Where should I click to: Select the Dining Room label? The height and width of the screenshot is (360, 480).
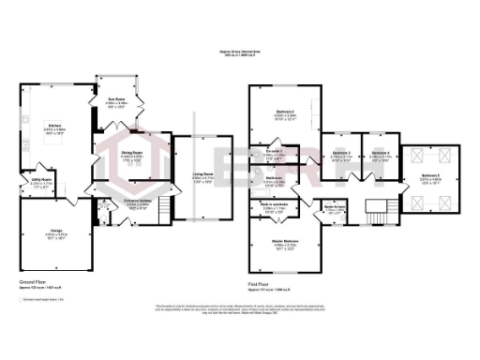point(130,154)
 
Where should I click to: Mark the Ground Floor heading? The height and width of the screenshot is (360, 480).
point(33,280)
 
